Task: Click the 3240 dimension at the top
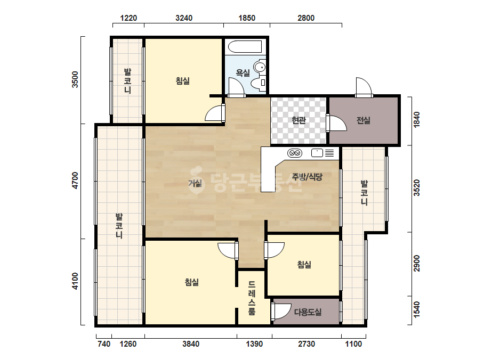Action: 184,18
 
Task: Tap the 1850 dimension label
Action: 247,18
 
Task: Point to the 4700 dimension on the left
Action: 75,181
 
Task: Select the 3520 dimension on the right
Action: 416,188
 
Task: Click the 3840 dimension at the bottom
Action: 191,344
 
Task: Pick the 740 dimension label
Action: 104,344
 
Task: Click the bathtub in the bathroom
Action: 245,47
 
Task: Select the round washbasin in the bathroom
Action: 260,67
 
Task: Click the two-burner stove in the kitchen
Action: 295,153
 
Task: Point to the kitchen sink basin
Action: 317,153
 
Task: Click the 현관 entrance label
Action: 299,120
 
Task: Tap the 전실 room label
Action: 364,120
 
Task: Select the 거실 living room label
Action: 195,183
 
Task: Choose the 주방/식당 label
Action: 307,177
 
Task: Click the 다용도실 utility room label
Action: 308,312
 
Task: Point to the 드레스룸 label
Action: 252,298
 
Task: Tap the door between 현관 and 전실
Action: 336,123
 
